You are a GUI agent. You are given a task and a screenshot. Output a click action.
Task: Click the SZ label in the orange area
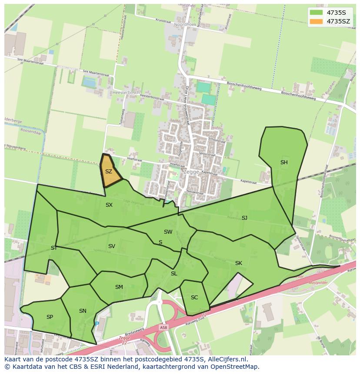tap(109, 172)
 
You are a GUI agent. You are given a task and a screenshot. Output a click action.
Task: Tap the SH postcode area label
tap(284, 162)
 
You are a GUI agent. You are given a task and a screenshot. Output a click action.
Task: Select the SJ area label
tap(244, 218)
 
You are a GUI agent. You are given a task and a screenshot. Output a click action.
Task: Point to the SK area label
tap(238, 263)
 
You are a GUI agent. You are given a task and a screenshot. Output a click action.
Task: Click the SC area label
tap(194, 298)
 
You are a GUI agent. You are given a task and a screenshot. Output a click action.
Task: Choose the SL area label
tap(174, 274)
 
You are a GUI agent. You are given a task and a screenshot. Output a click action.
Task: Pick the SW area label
tap(168, 232)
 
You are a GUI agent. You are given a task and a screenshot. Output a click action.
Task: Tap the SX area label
tap(109, 205)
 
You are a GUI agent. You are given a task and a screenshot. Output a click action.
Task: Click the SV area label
tap(112, 246)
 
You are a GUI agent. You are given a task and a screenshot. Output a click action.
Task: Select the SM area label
tap(119, 287)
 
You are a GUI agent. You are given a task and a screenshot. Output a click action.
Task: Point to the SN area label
tap(83, 311)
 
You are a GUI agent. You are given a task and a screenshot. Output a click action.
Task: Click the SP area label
tap(50, 317)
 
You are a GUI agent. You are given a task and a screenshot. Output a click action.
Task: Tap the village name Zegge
tap(191, 172)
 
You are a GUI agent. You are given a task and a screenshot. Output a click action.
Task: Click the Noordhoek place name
tap(185, 25)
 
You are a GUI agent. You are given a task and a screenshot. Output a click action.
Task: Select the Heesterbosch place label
tap(126, 93)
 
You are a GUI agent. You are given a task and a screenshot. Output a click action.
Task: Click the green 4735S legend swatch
tap(316, 12)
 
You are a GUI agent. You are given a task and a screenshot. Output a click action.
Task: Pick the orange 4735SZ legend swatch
tap(316, 21)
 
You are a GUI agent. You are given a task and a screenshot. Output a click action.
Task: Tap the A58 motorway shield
tap(163, 328)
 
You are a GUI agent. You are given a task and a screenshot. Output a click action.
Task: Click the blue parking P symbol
tap(97, 324)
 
